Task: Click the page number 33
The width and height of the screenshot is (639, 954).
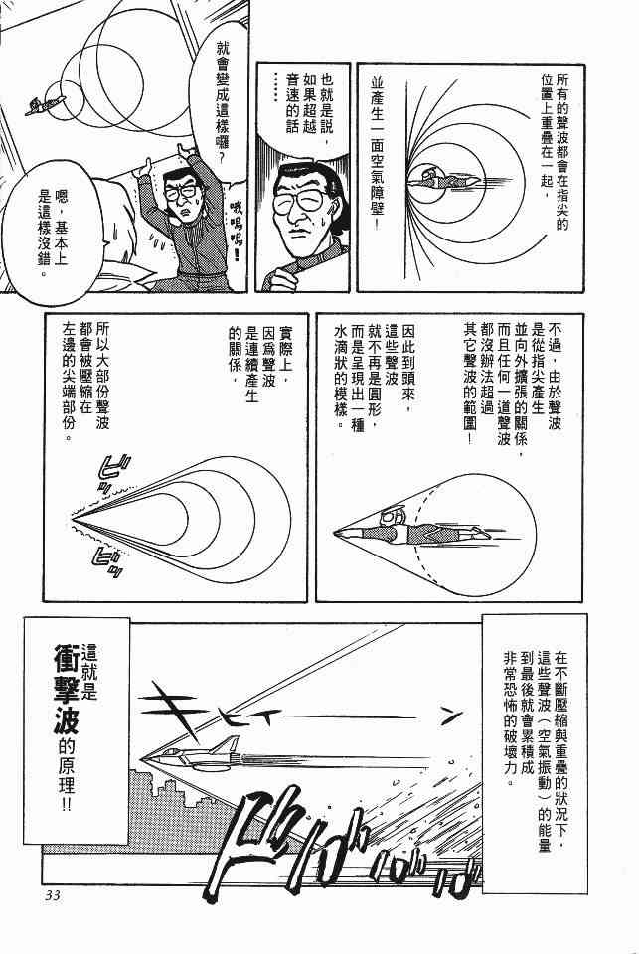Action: click(x=51, y=895)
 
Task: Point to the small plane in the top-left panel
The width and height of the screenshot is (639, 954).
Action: click(x=45, y=104)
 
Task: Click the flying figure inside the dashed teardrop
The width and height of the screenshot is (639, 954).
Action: click(x=412, y=529)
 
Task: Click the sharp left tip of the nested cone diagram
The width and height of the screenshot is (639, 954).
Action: click(x=73, y=519)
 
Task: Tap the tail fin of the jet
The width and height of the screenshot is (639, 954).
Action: click(x=228, y=744)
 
